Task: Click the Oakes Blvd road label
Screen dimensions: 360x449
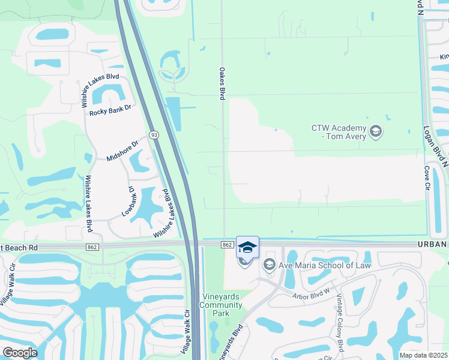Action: click(x=221, y=83)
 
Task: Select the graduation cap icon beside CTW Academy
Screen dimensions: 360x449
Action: click(x=376, y=131)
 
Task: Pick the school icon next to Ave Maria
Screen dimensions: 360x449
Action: click(x=269, y=265)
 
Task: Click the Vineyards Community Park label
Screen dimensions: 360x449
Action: click(x=221, y=305)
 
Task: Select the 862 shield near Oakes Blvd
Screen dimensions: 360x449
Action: click(x=227, y=245)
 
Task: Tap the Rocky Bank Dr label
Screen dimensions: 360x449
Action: click(x=109, y=112)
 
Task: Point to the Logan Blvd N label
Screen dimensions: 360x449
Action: click(x=438, y=144)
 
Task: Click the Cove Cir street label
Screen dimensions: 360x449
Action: click(x=427, y=178)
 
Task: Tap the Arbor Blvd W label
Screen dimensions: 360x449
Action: click(x=312, y=292)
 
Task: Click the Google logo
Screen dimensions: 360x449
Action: click(x=20, y=352)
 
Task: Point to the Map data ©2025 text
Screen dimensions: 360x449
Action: click(x=423, y=355)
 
